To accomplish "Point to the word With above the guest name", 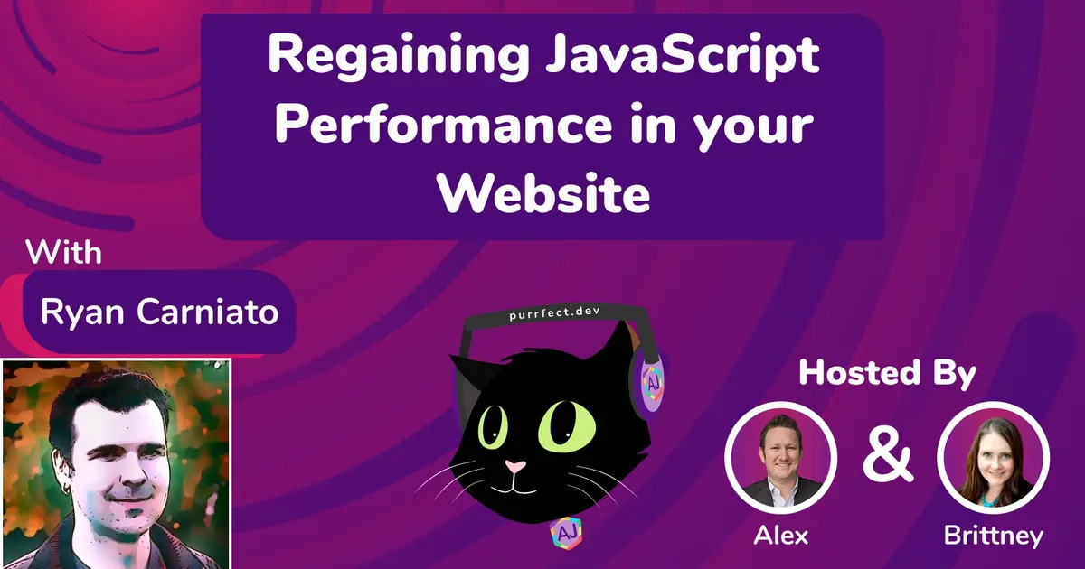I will [63, 252].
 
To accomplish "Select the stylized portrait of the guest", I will [116, 463].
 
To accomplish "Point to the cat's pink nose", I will [516, 468].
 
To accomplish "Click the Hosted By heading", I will [887, 373].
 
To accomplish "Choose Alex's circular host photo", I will [780, 455].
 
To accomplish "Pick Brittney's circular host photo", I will [993, 455].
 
